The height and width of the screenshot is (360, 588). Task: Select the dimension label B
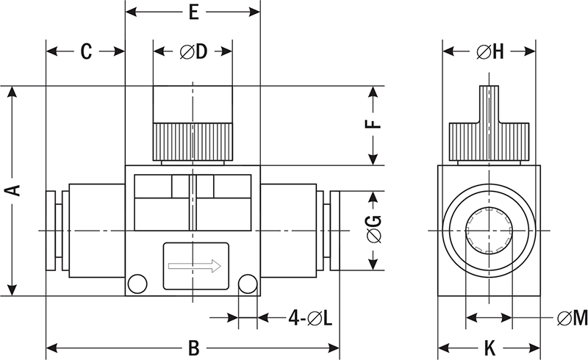[193, 348]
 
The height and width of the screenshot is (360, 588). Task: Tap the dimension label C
[85, 51]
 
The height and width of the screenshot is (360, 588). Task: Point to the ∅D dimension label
[193, 51]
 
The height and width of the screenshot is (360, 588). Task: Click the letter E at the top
[193, 12]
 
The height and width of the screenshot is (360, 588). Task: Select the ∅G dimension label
[374, 230]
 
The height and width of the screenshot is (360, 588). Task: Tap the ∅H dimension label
[489, 51]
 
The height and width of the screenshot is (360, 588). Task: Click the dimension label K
[489, 348]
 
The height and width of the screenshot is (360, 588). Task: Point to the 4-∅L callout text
[309, 318]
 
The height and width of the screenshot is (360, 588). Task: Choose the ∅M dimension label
[572, 318]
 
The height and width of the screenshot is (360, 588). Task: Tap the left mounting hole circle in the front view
[137, 283]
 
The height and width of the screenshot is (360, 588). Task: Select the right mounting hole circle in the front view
[248, 283]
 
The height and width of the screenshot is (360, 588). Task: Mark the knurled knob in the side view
[489, 139]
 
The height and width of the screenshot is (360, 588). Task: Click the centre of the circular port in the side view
[489, 230]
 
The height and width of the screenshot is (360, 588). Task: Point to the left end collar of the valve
[51, 230]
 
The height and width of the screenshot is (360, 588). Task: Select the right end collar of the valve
[334, 230]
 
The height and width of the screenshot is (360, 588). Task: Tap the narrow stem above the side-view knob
[489, 103]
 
